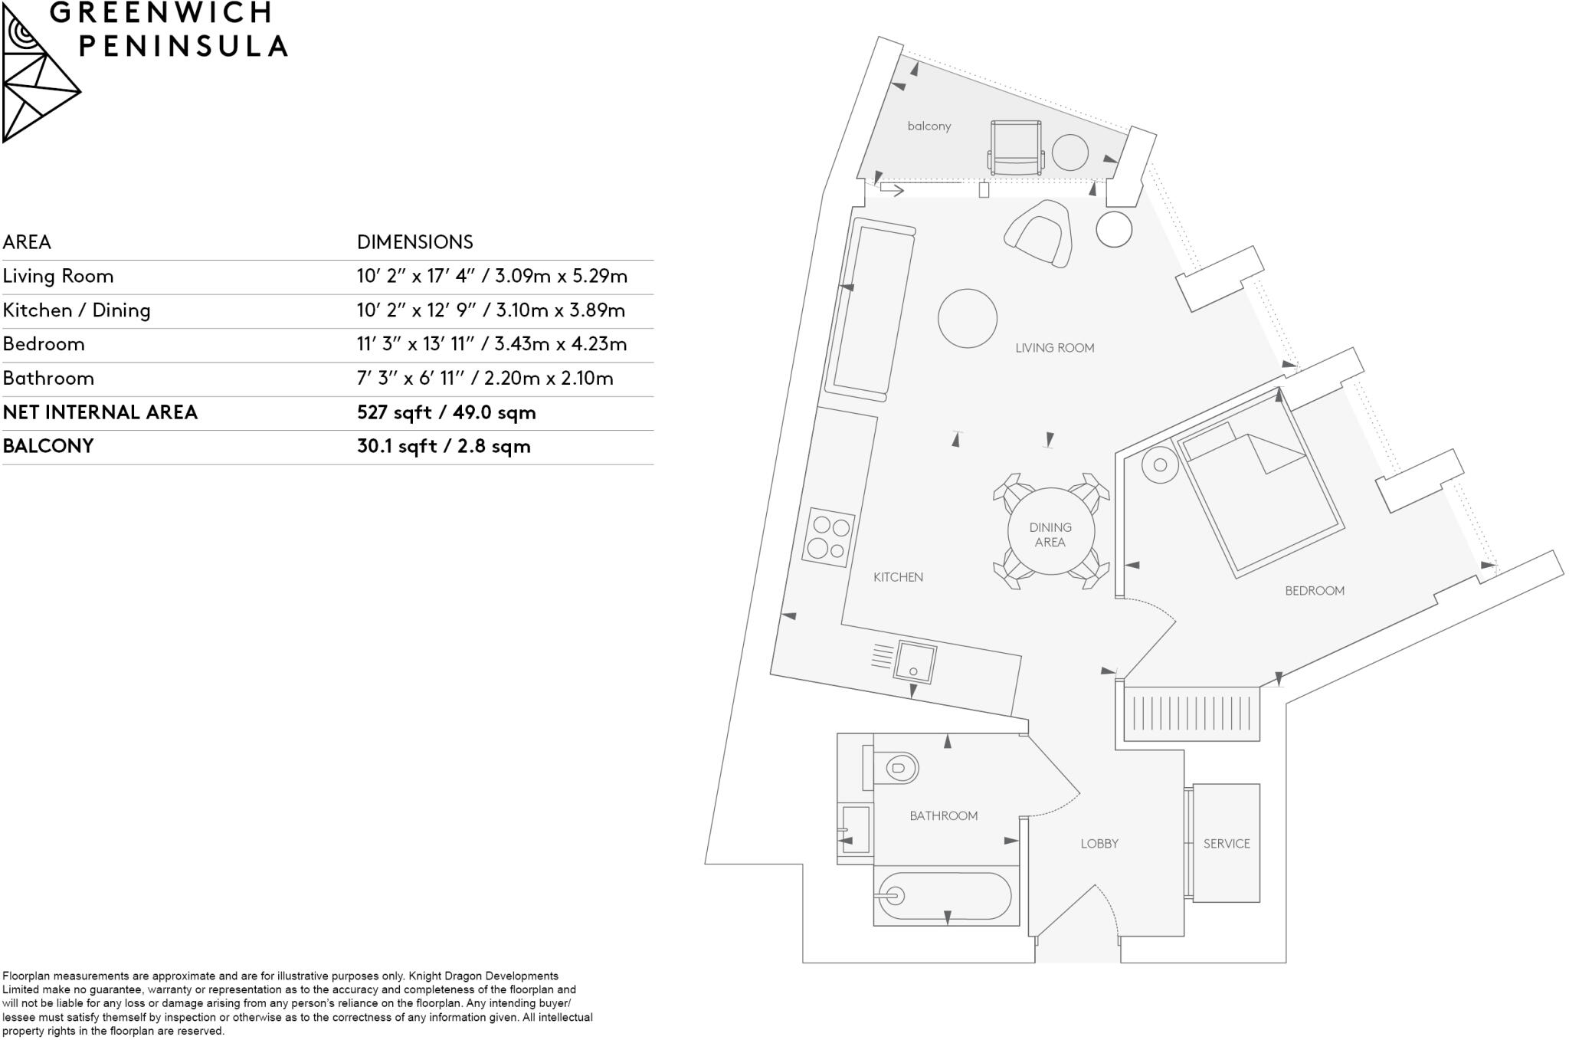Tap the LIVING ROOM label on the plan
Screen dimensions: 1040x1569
(x=1054, y=348)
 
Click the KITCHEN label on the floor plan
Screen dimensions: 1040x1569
(x=898, y=577)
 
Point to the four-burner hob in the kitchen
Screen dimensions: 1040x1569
(x=829, y=537)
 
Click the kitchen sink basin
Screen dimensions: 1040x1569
(x=915, y=662)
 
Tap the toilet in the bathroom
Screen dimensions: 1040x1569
(x=897, y=767)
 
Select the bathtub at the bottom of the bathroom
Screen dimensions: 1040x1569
(x=945, y=895)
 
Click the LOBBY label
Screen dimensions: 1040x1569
(x=1099, y=844)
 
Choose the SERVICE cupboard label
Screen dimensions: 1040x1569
(x=1226, y=844)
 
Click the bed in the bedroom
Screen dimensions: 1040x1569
(x=1260, y=498)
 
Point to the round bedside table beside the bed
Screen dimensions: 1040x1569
(x=1160, y=465)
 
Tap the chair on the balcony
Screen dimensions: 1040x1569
(x=1016, y=147)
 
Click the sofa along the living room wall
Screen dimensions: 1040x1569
(x=870, y=310)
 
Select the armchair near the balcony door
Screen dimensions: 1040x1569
(x=1040, y=233)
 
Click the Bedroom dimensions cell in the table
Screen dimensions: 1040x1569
(x=491, y=344)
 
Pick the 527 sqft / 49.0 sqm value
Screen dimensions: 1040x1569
(x=446, y=413)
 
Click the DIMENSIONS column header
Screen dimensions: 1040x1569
(x=414, y=242)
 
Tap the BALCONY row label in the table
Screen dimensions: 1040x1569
(x=48, y=446)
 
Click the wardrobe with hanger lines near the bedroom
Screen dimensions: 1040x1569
(x=1191, y=714)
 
